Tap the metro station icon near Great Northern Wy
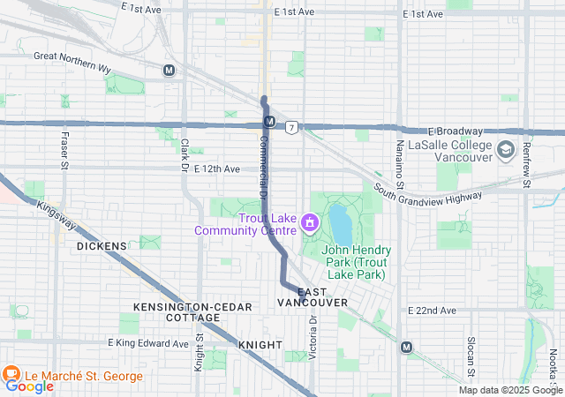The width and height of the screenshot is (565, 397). (x=169, y=70)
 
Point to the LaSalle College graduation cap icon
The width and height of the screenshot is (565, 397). (x=506, y=149)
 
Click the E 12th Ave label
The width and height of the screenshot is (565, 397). (x=217, y=169)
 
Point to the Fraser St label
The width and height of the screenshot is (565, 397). (x=64, y=150)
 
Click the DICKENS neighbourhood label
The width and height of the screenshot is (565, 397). (x=102, y=246)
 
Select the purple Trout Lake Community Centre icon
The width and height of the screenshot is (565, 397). (x=309, y=224)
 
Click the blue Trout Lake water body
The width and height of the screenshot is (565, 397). (x=340, y=224)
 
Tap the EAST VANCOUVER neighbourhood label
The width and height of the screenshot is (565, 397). (x=313, y=296)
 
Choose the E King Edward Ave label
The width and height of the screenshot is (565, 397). (x=148, y=343)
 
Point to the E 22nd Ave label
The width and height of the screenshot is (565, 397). (x=432, y=311)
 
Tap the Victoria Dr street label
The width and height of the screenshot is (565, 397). (x=313, y=341)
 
